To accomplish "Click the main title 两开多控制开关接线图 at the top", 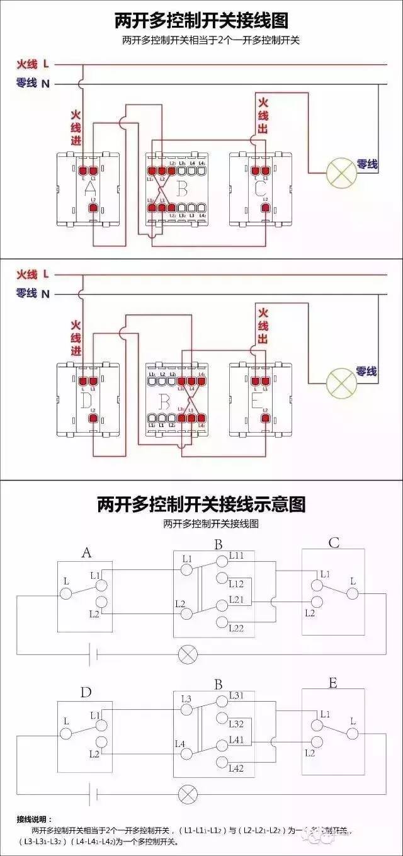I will click(x=201, y=21).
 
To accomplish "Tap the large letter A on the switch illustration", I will click(x=89, y=188).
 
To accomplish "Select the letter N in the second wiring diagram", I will click(x=45, y=294).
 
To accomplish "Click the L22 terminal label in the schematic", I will click(x=237, y=628).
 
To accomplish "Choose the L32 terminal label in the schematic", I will click(x=237, y=724).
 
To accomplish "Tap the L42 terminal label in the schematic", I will click(x=237, y=768).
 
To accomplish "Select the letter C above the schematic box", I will click(x=334, y=542).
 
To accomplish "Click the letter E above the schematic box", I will click(x=333, y=683).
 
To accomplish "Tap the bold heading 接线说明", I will click(x=35, y=819).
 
